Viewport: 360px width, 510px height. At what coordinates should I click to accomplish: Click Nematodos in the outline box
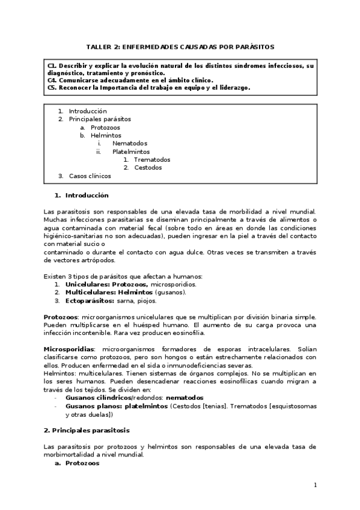tap(129, 144)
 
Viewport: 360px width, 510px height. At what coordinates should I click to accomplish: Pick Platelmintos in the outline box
tap(131, 152)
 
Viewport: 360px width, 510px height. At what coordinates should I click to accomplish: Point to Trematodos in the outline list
tap(152, 160)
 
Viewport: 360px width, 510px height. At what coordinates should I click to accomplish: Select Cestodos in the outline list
tap(148, 168)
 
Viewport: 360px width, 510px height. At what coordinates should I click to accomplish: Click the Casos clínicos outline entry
tap(90, 176)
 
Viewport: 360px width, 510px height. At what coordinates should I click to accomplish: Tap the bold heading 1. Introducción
tap(81, 195)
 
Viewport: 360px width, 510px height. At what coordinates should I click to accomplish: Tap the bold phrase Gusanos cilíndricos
tap(98, 398)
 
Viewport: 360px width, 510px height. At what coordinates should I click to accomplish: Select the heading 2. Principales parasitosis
tap(87, 431)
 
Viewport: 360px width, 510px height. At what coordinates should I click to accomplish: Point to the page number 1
tap(316, 485)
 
